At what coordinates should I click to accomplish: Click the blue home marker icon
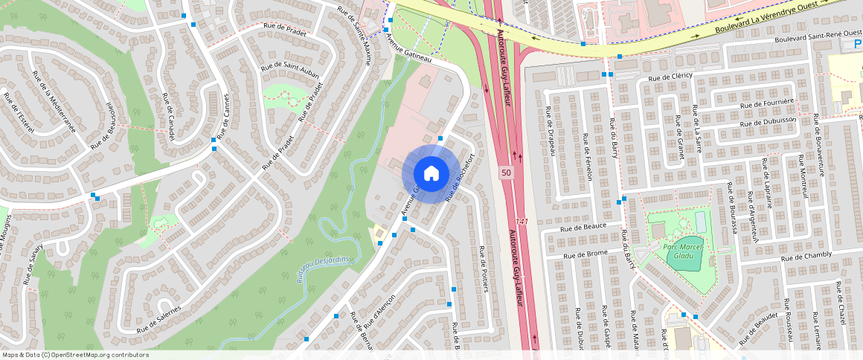(431, 173)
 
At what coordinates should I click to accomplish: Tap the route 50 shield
(506, 173)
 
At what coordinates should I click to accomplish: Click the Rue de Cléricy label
(670, 77)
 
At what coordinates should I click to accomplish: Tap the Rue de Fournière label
(768, 103)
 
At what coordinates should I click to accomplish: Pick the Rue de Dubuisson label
(769, 121)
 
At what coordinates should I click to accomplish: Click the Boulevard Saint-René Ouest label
(817, 36)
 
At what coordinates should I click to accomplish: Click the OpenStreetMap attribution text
(74, 355)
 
